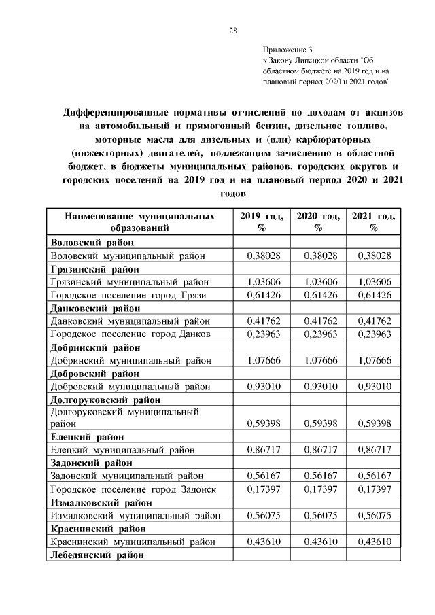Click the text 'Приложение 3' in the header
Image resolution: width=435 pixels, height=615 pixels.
click(x=288, y=50)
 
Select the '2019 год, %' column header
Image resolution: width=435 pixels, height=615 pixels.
click(x=261, y=222)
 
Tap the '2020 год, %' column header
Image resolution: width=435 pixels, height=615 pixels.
click(x=318, y=222)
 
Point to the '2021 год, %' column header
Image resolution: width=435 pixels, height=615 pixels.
click(x=374, y=222)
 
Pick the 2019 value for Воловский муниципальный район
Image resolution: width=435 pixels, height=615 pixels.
click(x=261, y=256)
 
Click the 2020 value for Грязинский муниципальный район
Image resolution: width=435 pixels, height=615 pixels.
click(x=318, y=281)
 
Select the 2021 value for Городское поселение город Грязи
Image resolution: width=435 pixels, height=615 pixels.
click(x=374, y=294)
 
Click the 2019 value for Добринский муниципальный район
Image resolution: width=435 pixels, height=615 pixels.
click(x=261, y=360)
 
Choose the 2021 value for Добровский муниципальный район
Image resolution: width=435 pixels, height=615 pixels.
click(x=374, y=386)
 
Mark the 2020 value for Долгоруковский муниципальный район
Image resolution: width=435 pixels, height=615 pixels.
click(x=318, y=423)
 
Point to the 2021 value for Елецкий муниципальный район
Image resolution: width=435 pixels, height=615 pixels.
click(x=374, y=450)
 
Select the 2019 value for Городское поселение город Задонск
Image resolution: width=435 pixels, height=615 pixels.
click(x=261, y=489)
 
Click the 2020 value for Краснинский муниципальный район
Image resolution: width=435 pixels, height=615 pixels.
click(x=318, y=542)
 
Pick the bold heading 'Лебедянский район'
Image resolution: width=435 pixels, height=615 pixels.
click(x=97, y=555)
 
